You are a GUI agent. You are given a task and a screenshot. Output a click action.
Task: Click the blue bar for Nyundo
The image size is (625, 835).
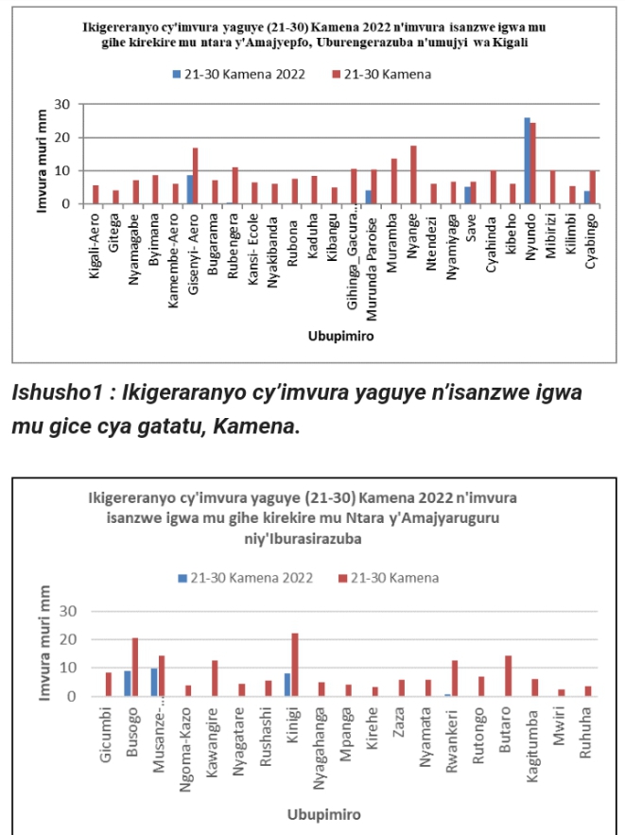(x=527, y=161)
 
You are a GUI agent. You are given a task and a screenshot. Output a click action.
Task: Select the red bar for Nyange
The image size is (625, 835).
(x=413, y=175)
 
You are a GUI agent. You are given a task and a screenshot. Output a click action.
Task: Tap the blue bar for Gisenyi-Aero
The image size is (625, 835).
(x=190, y=189)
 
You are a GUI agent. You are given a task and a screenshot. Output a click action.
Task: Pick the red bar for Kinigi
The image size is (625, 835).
(x=295, y=665)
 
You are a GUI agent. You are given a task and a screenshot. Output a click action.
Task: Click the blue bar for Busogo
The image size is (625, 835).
(x=128, y=683)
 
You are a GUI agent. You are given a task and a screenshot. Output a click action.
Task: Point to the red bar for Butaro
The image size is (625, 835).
(x=508, y=676)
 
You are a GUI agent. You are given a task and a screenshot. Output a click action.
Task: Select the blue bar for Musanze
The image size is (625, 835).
(x=154, y=682)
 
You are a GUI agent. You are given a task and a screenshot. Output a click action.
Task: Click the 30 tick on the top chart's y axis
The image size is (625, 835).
(x=64, y=104)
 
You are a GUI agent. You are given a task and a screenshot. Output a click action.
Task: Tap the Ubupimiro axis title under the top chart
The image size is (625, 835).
(x=339, y=337)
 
